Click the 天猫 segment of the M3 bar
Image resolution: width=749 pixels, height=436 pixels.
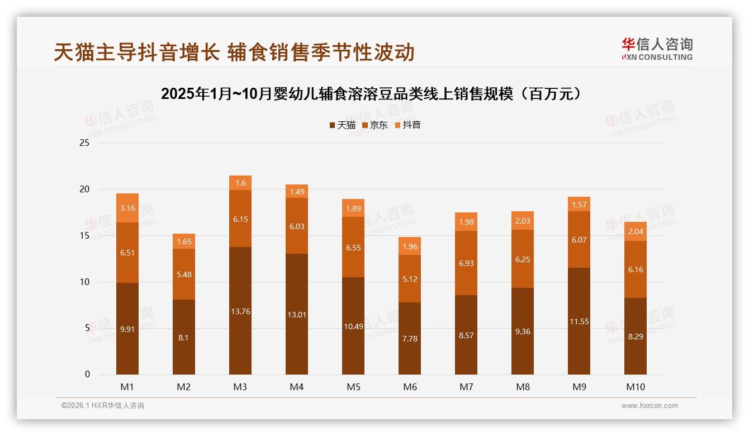click(x=240, y=311)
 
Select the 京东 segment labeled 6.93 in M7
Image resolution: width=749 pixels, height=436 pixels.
click(x=466, y=263)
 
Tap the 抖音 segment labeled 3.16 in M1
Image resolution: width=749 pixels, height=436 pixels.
click(x=127, y=208)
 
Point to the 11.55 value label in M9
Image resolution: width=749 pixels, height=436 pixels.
click(x=579, y=321)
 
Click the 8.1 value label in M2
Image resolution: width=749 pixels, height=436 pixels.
click(x=184, y=337)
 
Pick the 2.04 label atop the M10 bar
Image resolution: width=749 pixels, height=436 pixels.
click(x=636, y=231)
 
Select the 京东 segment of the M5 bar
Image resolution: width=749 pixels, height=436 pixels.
click(x=353, y=247)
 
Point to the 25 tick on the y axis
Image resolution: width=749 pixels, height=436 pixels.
click(x=85, y=143)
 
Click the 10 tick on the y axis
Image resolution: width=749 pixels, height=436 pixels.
click(x=85, y=282)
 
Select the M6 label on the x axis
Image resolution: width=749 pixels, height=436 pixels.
click(x=410, y=387)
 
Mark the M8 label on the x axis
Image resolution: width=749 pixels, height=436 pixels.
click(x=523, y=387)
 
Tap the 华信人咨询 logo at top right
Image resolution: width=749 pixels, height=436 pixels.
click(x=656, y=49)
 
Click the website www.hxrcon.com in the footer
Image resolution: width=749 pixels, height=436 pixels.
click(x=649, y=406)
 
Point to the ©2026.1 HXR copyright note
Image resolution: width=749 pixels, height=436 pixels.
click(x=103, y=406)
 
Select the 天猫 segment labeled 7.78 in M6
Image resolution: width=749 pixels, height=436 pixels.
click(x=410, y=339)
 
